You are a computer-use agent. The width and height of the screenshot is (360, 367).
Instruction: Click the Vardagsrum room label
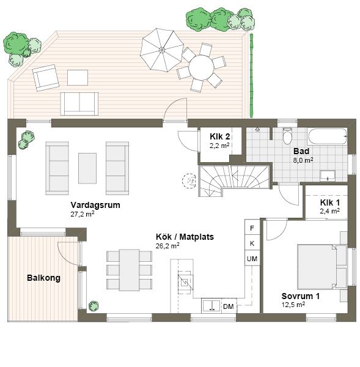[95, 205]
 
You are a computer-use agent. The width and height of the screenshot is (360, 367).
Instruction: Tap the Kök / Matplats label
[185, 237]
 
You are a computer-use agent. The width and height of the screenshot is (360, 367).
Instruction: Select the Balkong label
[43, 278]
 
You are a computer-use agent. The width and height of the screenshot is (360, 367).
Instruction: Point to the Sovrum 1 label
[300, 296]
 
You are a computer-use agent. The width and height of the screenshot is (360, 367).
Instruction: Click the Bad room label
[301, 151]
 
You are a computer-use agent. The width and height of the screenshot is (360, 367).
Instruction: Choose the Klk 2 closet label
[219, 136]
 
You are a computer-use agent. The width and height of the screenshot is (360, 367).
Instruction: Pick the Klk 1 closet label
[330, 202]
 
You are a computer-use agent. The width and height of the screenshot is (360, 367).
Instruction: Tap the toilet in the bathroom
[287, 136]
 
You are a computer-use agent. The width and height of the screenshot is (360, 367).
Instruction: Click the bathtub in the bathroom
[328, 136]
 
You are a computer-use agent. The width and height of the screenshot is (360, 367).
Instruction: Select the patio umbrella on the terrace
[161, 50]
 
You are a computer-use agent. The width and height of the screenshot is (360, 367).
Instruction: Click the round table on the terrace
[201, 67]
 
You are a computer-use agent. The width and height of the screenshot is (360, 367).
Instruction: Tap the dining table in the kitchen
[130, 270]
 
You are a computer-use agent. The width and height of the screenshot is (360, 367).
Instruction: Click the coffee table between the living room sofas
[87, 168]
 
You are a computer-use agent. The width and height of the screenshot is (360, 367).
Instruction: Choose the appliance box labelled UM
[252, 258]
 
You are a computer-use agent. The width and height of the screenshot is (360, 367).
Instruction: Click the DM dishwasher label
[229, 306]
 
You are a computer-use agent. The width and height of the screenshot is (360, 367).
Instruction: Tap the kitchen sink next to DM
[211, 306]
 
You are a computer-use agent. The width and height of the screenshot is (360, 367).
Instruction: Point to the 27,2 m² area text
[83, 214]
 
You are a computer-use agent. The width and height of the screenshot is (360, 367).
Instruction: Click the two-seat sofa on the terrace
[79, 104]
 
